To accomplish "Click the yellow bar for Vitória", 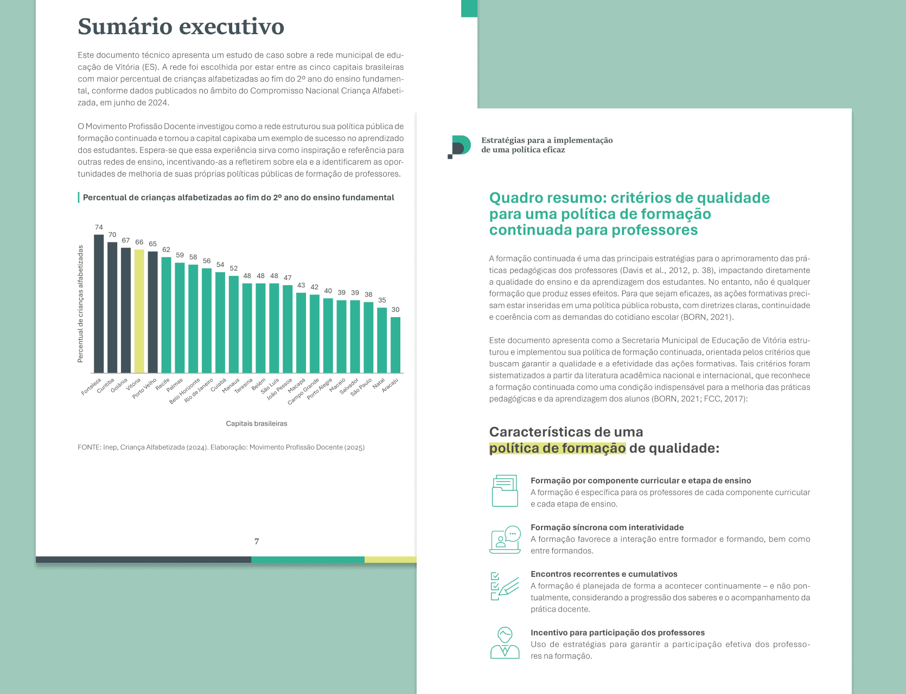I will [139, 311].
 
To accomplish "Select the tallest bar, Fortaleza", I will [99, 304].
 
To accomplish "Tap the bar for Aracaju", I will [395, 345].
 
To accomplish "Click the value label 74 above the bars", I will [99, 228].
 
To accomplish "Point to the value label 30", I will [395, 310].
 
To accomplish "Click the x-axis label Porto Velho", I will [145, 388].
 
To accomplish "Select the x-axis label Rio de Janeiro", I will [199, 391].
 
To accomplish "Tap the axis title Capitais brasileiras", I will [257, 423].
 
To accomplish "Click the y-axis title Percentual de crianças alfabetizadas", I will [81, 304].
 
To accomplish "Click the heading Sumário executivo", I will [181, 27].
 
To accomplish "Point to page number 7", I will [257, 542].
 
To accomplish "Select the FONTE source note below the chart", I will [221, 447].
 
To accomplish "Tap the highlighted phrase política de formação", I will [557, 448].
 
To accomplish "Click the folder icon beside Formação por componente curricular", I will [505, 491].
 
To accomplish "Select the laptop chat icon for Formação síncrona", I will [505, 539].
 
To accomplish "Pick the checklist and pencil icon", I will [505, 586].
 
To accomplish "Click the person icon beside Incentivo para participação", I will [505, 643].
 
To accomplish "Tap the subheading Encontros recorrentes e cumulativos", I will [604, 574].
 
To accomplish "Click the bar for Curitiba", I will [112, 307].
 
